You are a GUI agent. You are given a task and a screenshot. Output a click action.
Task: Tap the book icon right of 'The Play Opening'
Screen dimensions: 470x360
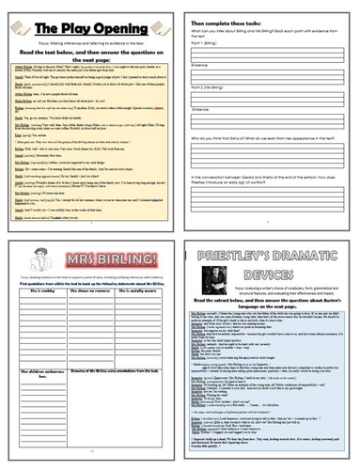click(x=156, y=20)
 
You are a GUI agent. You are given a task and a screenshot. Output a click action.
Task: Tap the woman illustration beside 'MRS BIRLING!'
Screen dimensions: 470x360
click(x=23, y=253)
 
